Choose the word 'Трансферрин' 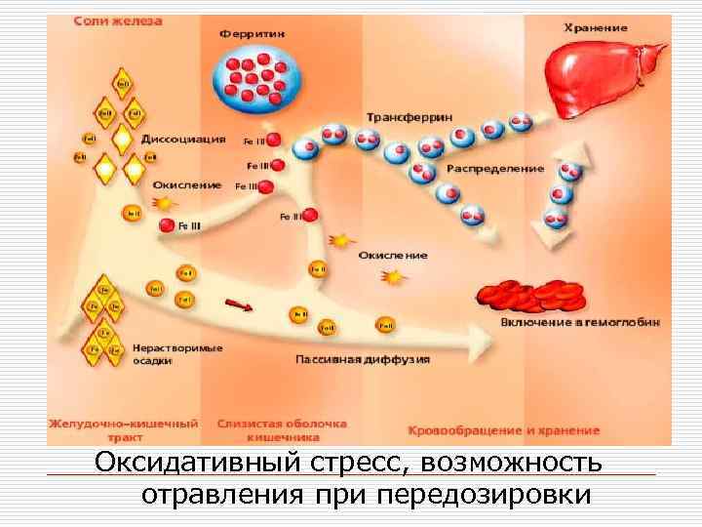409,116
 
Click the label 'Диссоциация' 184,139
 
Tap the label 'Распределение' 495,168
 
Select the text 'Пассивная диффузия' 363,359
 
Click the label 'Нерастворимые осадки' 177,353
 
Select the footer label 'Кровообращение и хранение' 503,430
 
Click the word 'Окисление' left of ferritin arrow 187,184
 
